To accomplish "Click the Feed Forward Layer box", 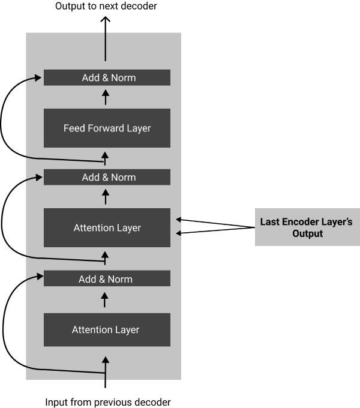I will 107,128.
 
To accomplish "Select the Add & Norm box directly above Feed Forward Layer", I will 107,77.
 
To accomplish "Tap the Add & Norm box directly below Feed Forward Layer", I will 107,177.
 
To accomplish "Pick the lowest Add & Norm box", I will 107,278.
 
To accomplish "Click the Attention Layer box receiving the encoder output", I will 107,227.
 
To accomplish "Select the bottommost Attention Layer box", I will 107,329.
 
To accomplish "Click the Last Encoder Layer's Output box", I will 306,227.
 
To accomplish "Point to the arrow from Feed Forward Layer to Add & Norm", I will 106,97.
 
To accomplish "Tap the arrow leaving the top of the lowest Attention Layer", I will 106,299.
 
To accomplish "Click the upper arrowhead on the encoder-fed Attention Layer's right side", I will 178,220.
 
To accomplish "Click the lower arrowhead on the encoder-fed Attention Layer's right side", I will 178,233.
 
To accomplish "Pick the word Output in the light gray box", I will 307,233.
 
